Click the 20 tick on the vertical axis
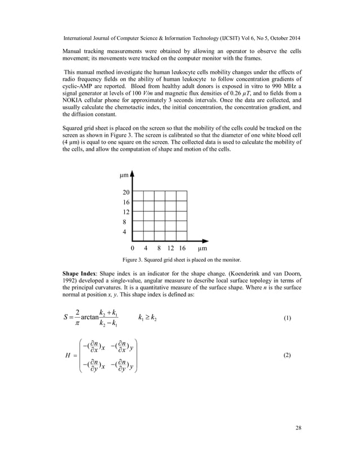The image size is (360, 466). coord(126,192)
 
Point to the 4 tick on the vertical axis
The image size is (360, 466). coord(125,232)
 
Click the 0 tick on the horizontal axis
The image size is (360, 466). coord(132,248)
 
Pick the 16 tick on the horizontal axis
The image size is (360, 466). coord(182,248)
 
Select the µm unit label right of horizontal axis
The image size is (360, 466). coord(202,248)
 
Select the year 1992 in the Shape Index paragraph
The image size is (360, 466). coord(70,281)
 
